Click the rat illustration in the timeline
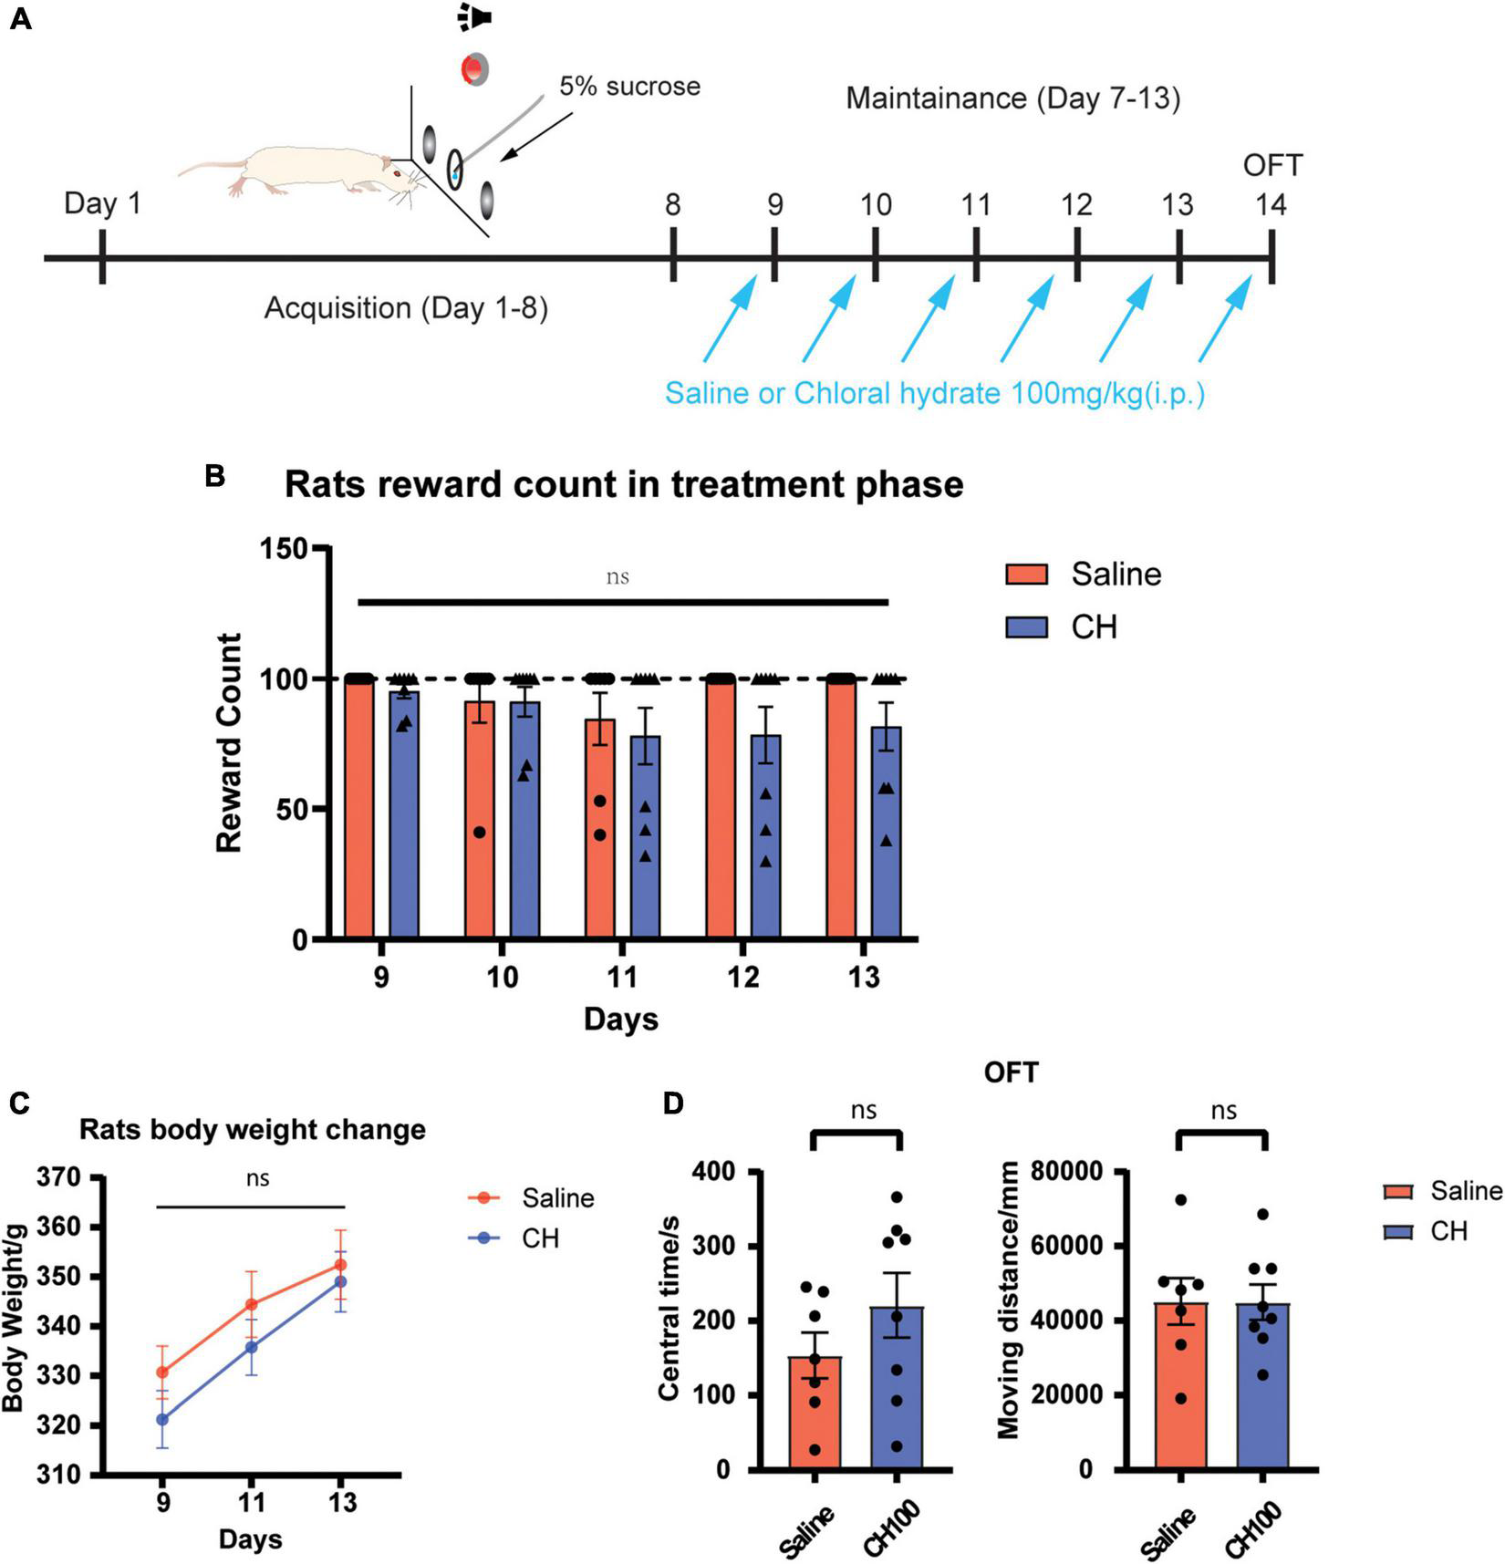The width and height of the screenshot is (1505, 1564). click(x=292, y=171)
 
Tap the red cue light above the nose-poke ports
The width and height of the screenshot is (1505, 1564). click(x=474, y=69)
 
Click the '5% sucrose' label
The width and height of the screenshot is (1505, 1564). click(x=629, y=87)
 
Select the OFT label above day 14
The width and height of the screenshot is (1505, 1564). click(x=1272, y=165)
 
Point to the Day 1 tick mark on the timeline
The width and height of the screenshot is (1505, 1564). click(x=102, y=257)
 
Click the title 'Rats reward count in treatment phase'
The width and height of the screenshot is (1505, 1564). click(x=624, y=484)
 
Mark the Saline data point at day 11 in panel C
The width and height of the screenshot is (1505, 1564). click(x=251, y=1304)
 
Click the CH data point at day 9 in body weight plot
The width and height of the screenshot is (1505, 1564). click(x=162, y=1419)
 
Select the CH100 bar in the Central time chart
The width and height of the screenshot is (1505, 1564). click(x=897, y=1387)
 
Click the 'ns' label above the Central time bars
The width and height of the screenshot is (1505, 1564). click(x=863, y=1110)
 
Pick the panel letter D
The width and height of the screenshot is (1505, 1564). click(x=672, y=1103)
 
